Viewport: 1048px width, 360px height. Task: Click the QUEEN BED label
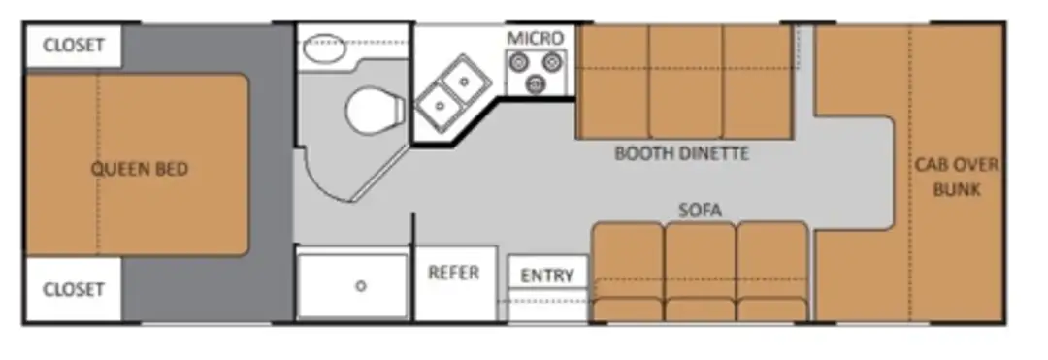point(140,169)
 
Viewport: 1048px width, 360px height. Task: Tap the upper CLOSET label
point(74,46)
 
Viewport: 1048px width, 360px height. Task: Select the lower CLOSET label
point(74,290)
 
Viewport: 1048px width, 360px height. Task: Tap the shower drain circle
point(361,286)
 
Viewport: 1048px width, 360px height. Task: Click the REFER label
point(454,273)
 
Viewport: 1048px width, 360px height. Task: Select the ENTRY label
point(547,276)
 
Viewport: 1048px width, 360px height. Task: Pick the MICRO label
point(536,38)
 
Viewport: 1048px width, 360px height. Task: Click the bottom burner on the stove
point(534,84)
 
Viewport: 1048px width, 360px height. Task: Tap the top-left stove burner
point(518,63)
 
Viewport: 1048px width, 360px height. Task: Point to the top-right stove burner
point(551,63)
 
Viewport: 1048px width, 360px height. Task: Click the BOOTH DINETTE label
point(682,153)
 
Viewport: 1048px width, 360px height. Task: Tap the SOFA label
point(700,211)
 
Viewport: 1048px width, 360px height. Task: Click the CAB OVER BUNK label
point(956,177)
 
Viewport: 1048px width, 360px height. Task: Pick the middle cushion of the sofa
point(700,271)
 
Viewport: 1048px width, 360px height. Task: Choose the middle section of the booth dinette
point(685,82)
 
